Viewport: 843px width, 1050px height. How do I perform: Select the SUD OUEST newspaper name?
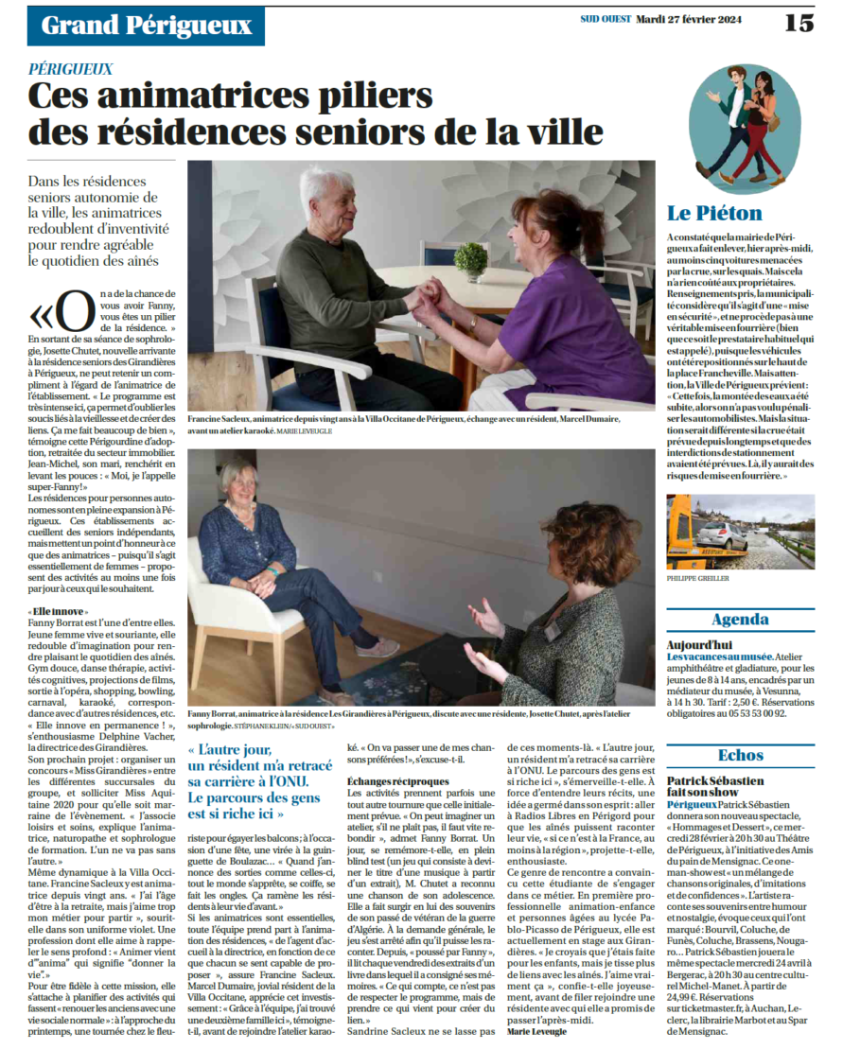click(x=605, y=18)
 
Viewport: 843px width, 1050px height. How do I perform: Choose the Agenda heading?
click(x=741, y=621)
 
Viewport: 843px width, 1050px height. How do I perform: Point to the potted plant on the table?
click(x=469, y=258)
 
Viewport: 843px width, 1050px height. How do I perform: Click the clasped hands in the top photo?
click(x=422, y=302)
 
